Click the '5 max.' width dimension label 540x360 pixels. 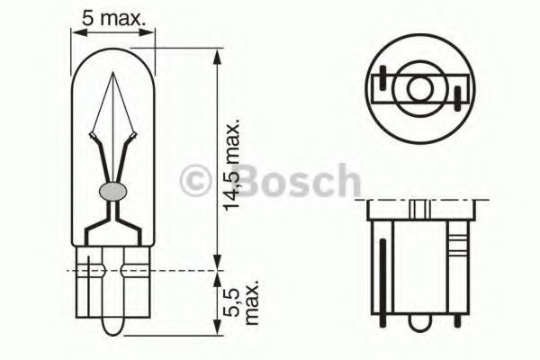tap(112, 17)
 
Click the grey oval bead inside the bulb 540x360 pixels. tap(112, 191)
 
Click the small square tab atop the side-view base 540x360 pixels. tap(419, 209)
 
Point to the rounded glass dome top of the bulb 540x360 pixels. tap(113, 53)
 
